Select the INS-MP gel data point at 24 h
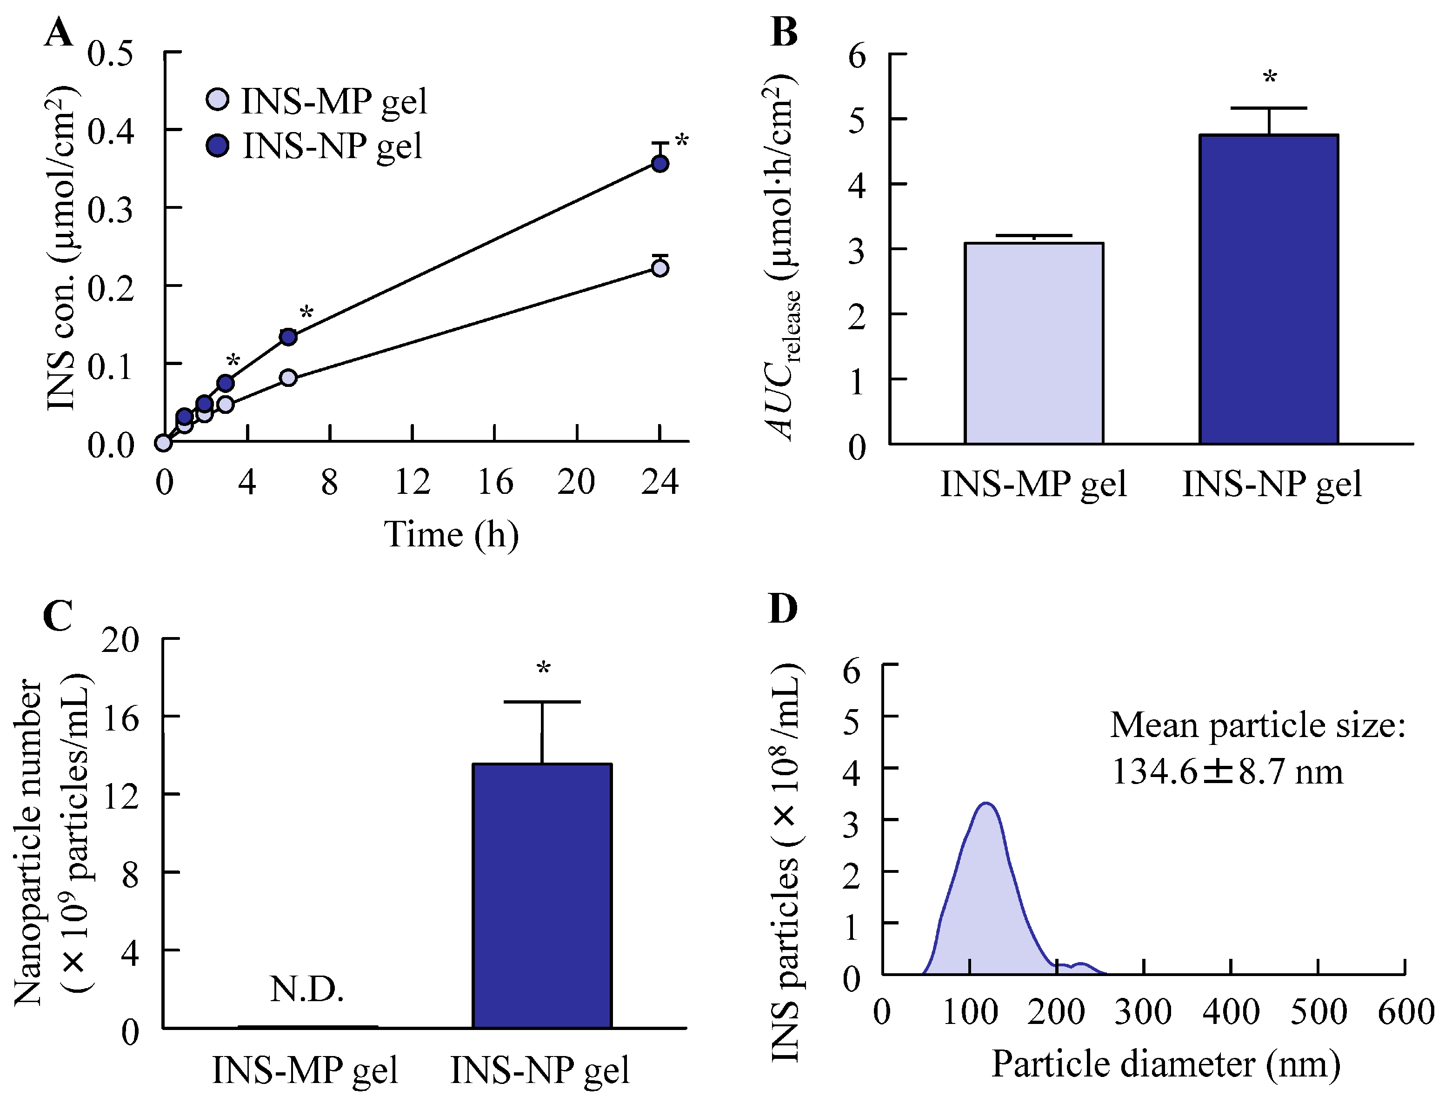[x=660, y=268]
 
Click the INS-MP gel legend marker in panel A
[x=217, y=100]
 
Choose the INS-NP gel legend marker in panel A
[x=217, y=145]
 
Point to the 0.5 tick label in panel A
[x=110, y=54]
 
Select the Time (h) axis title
[x=451, y=534]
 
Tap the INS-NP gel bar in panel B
[x=1268, y=289]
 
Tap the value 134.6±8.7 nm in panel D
[x=1227, y=771]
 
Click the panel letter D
[x=783, y=609]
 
